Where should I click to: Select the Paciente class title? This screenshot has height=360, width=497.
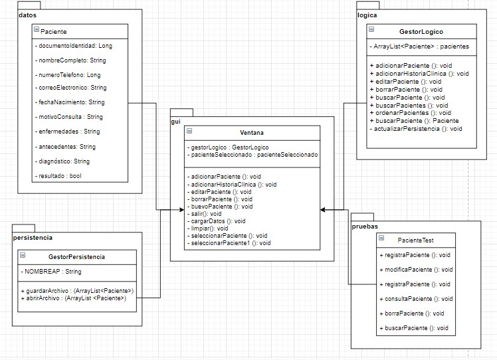tap(53, 31)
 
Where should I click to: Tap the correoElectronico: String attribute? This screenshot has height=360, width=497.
tap(70, 88)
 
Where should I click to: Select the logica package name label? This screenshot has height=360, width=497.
tap(367, 14)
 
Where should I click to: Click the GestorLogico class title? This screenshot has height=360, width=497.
tap(421, 31)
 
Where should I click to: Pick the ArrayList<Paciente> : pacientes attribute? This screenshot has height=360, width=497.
tap(421, 46)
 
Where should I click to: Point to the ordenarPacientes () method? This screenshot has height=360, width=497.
tap(410, 113)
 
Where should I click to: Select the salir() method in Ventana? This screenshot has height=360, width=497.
tap(206, 214)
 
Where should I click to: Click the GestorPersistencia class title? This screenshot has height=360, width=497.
tap(76, 256)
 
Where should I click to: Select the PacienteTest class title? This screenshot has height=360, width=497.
tap(417, 239)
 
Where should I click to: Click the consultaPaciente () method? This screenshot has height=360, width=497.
tap(415, 299)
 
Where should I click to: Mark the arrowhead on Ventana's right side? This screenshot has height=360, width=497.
tap(323, 209)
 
